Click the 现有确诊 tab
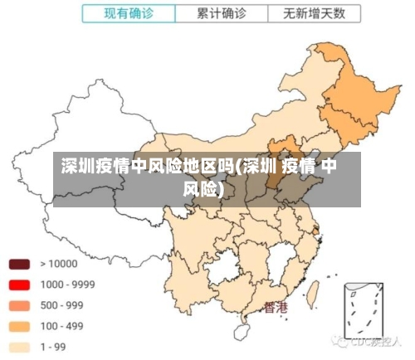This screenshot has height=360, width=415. click(x=129, y=13)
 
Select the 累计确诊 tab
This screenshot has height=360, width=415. click(x=222, y=13)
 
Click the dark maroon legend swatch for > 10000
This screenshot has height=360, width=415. click(x=19, y=265)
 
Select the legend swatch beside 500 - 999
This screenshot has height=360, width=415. click(x=19, y=305)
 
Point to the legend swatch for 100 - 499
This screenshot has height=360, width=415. click(x=19, y=326)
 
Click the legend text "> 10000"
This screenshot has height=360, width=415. click(x=59, y=264)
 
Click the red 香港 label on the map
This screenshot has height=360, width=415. click(x=276, y=308)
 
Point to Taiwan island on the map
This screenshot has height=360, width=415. click(x=315, y=292)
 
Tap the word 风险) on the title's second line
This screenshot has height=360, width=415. click(x=203, y=189)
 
